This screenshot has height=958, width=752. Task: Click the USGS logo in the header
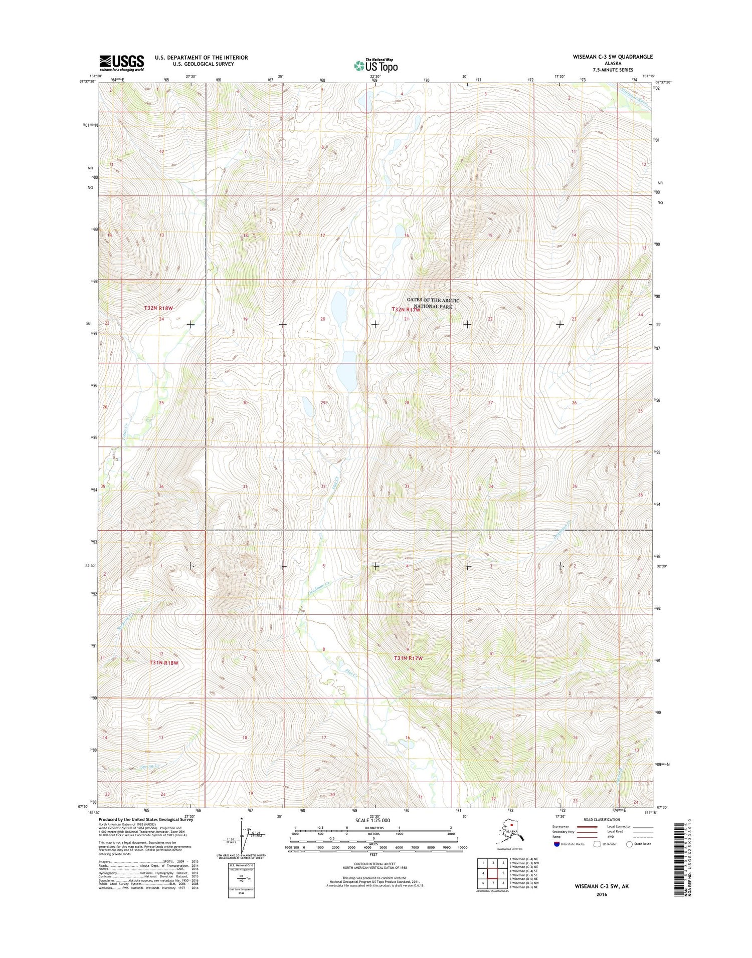coord(122,63)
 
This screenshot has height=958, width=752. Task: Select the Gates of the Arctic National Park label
coord(433,303)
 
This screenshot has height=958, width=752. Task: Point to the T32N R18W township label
coord(158,308)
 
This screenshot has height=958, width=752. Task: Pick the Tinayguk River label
coord(635,97)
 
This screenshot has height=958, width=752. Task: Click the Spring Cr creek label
coord(150,766)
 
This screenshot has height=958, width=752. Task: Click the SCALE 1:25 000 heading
coord(372,820)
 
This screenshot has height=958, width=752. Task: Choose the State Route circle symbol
coord(630,844)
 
